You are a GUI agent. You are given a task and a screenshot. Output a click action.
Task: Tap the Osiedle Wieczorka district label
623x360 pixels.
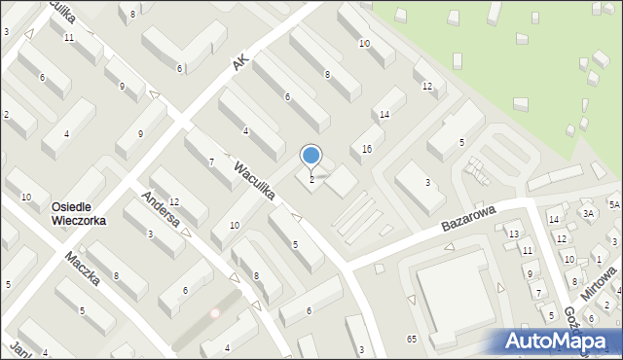click(x=79, y=213)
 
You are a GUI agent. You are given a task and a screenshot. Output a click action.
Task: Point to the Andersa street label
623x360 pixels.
click(x=160, y=209)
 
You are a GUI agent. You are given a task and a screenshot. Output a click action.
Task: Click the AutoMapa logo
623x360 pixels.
click(x=560, y=342)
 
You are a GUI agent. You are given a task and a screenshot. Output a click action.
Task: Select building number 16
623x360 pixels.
click(x=366, y=149)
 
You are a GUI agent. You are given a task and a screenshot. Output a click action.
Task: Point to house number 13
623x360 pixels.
click(x=513, y=234)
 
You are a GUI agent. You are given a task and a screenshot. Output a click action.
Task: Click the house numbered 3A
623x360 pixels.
click(x=588, y=213)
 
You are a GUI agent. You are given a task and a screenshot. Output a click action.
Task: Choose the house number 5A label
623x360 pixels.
click(x=614, y=204)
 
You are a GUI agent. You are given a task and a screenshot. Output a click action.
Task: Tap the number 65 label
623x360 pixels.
click(x=412, y=338)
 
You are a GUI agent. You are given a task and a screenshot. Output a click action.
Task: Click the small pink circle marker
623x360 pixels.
click(x=216, y=313)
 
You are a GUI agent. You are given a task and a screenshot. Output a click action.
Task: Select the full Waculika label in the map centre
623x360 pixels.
click(x=253, y=180)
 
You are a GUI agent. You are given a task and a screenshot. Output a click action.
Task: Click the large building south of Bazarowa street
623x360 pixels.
click(x=458, y=292)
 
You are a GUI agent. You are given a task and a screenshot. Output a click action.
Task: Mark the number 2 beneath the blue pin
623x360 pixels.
click(x=311, y=179)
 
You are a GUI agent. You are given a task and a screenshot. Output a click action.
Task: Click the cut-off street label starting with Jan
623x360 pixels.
click(x=18, y=348)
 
